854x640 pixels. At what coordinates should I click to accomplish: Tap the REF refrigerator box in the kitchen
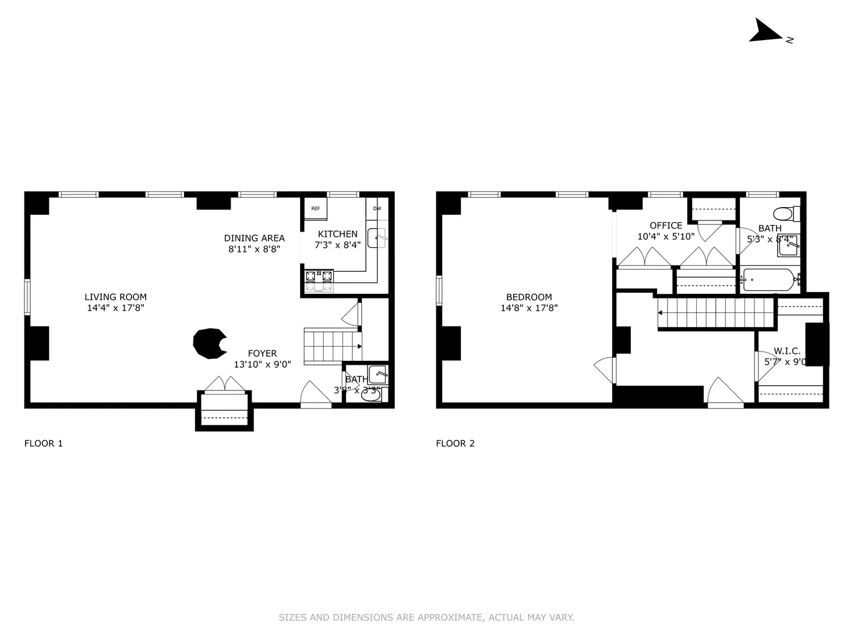pyautogui.click(x=315, y=209)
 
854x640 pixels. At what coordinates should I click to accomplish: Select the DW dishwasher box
pyautogui.click(x=377, y=209)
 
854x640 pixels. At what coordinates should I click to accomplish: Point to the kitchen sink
pyautogui.click(x=377, y=237)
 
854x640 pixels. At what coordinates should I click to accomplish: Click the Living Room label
pyautogui.click(x=115, y=297)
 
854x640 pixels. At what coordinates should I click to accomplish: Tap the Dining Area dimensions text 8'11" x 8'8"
pyautogui.click(x=254, y=249)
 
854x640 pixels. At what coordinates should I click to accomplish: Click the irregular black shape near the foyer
pyautogui.click(x=209, y=343)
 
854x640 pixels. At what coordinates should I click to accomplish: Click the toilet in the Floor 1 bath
pyautogui.click(x=371, y=395)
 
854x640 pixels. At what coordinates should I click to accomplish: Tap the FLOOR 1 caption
pyautogui.click(x=43, y=443)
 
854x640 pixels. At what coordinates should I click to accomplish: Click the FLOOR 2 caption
pyautogui.click(x=455, y=443)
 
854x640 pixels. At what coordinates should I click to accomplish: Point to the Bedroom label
pyautogui.click(x=529, y=297)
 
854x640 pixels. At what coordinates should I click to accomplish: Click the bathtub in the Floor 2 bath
pyautogui.click(x=768, y=280)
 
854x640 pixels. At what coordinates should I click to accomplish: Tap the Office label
pyautogui.click(x=666, y=226)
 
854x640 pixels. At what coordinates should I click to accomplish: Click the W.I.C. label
pyautogui.click(x=786, y=351)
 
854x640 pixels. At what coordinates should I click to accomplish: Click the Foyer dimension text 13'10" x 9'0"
pyautogui.click(x=262, y=365)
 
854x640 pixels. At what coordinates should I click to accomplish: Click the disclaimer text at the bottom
pyautogui.click(x=426, y=617)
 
